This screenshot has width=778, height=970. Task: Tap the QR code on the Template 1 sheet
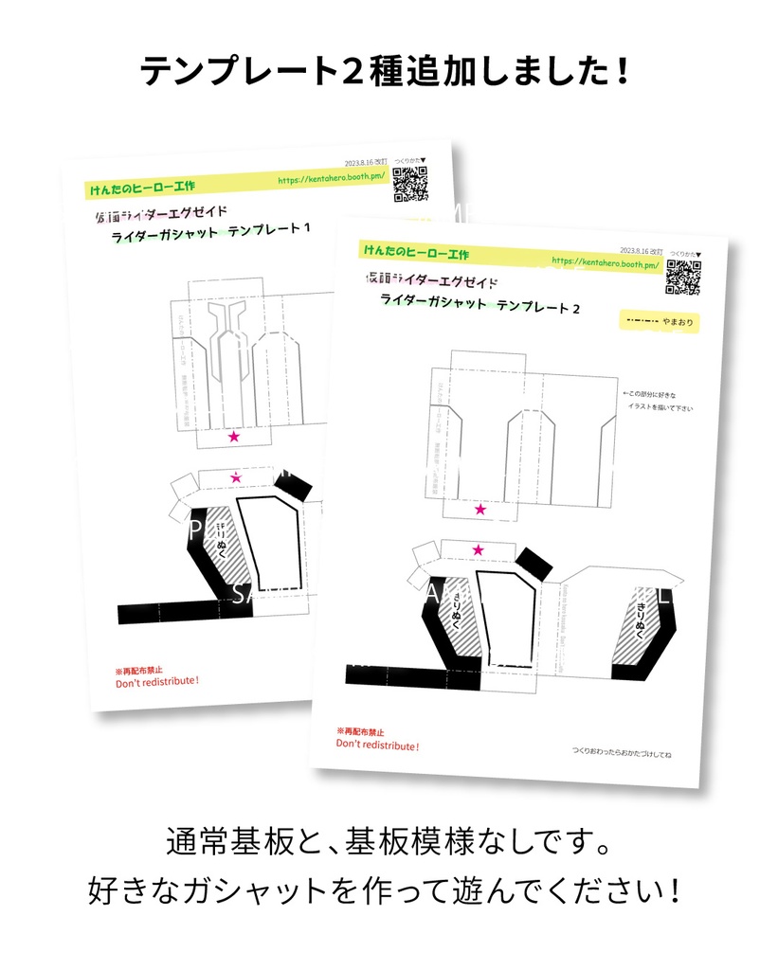point(410,184)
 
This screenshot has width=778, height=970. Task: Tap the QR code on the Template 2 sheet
point(682,277)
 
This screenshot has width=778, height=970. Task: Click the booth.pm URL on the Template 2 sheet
point(604,262)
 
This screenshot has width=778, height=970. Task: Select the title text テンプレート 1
point(269,230)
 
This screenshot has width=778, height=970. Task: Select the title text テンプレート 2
point(537,307)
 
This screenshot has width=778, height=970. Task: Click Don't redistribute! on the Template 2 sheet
point(377,745)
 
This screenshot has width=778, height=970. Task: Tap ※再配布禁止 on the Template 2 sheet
point(360,731)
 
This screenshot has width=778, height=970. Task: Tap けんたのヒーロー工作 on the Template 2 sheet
point(414,253)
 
